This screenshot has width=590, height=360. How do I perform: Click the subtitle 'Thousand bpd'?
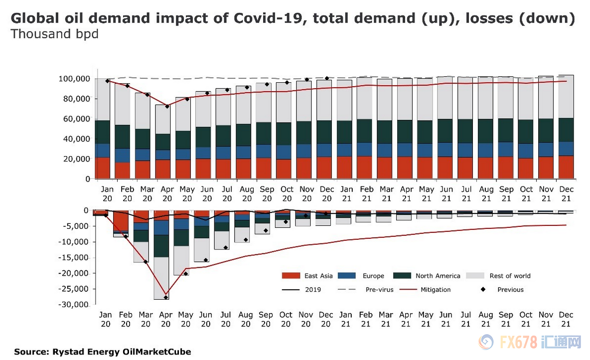click(54, 34)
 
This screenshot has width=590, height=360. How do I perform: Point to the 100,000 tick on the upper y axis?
click(73, 79)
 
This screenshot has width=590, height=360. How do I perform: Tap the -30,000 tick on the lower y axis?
click(74, 305)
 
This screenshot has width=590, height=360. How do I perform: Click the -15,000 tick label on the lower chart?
click(74, 258)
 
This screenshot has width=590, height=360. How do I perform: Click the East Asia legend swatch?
click(291, 276)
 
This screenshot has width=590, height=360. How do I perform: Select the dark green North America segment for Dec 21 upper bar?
click(566, 130)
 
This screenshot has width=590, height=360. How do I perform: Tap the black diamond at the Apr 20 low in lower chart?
click(165, 297)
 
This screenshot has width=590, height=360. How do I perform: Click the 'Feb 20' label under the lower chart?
click(126, 319)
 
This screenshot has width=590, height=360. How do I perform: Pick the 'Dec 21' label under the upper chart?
click(566, 193)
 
